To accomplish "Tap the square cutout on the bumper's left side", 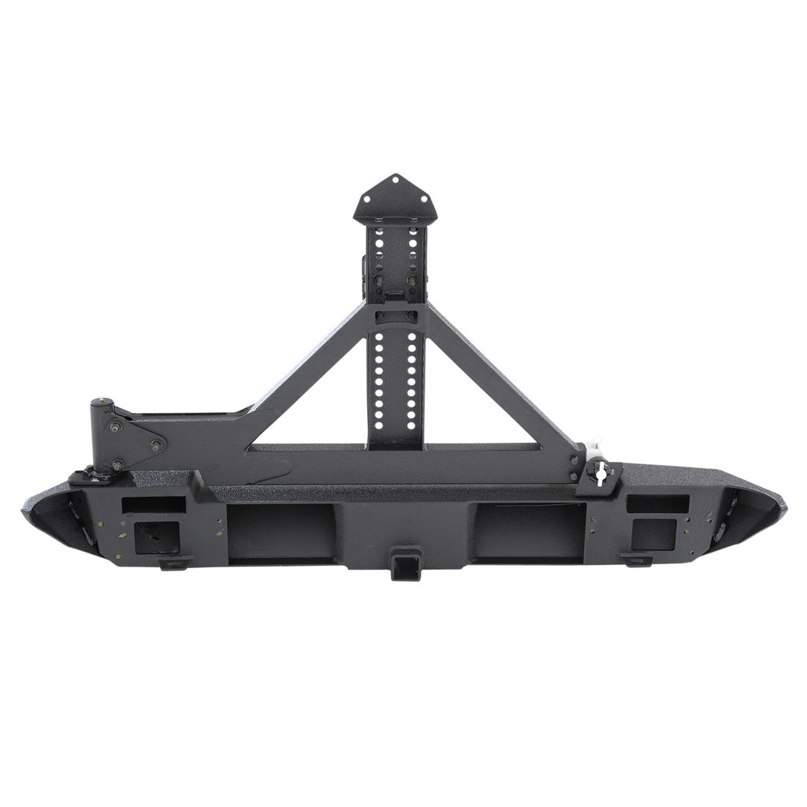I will (x=153, y=537).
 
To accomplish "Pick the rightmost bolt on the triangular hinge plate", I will (x=156, y=446).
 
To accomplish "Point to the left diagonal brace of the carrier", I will (x=307, y=370).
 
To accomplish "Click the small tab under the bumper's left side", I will (x=175, y=563).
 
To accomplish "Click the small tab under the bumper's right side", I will (x=635, y=560).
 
